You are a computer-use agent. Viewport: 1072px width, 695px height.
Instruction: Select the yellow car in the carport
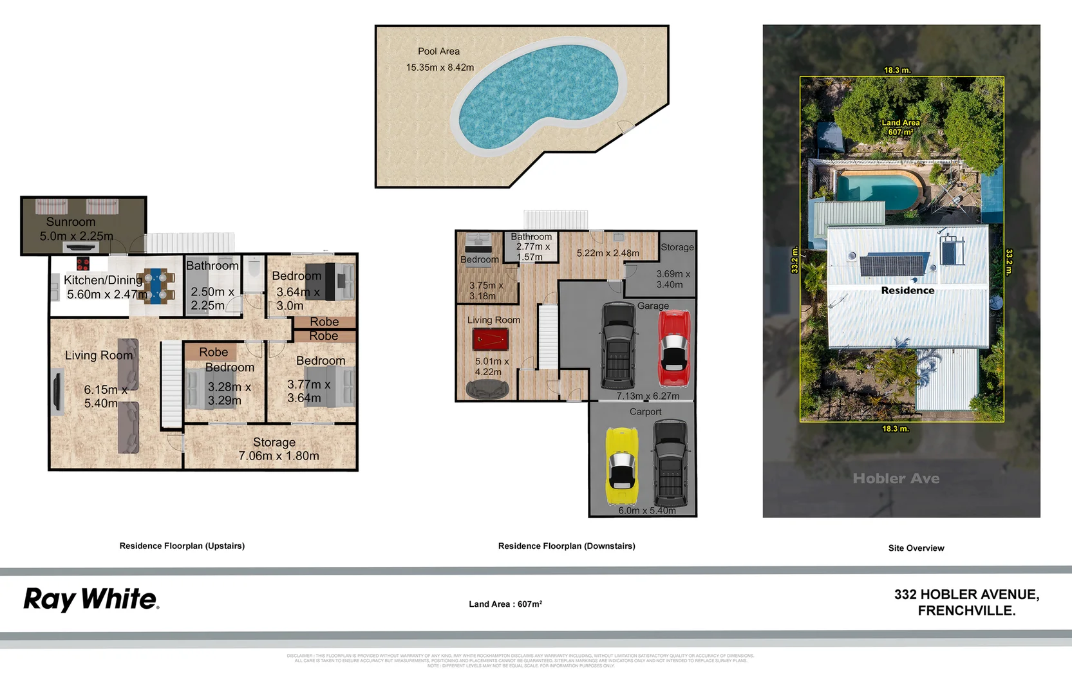click(x=621, y=466)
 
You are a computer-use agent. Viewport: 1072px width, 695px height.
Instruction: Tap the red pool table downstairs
click(x=491, y=339)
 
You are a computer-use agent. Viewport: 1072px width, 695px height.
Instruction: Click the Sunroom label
click(x=71, y=221)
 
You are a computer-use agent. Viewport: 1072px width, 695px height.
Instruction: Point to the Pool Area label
click(x=438, y=51)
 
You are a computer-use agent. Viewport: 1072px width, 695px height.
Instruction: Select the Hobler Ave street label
click(x=896, y=478)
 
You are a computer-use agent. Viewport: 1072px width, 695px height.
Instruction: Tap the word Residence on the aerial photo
click(x=907, y=290)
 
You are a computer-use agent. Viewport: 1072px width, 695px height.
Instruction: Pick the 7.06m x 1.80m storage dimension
click(x=278, y=456)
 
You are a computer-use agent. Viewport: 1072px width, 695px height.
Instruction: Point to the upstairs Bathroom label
click(x=212, y=266)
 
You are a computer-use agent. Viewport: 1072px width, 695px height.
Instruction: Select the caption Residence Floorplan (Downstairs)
click(x=566, y=546)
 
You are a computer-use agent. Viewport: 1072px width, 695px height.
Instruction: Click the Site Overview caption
click(x=916, y=548)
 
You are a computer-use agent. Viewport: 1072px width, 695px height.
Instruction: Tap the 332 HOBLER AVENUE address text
click(x=966, y=595)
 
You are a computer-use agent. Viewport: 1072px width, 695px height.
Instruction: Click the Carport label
click(x=645, y=412)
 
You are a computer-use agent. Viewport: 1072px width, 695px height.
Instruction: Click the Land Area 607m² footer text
click(x=505, y=604)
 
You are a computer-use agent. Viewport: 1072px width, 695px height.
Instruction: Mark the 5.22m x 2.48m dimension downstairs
click(x=607, y=254)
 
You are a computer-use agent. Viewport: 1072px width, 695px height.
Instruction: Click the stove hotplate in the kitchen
click(x=82, y=263)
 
